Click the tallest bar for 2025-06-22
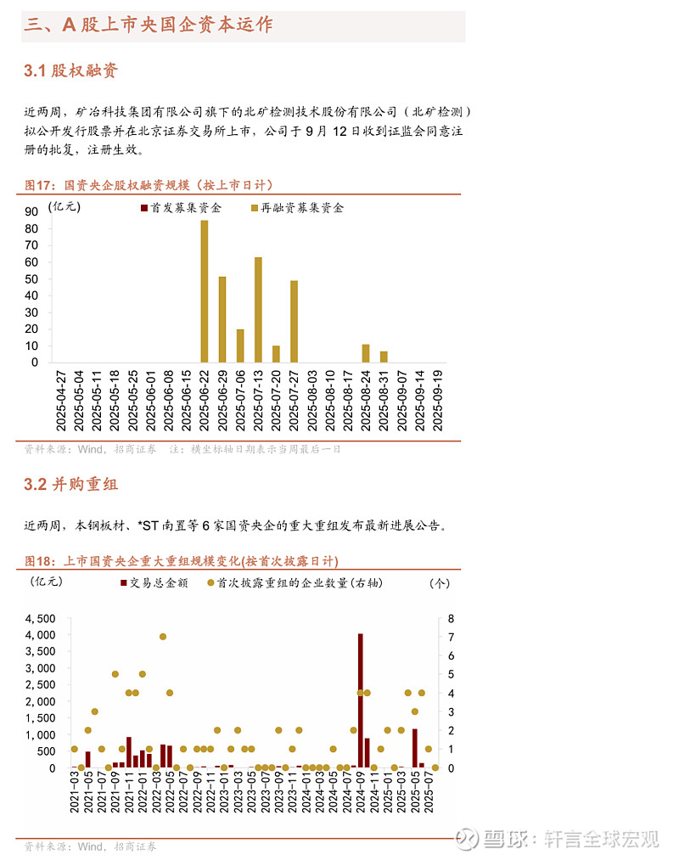205,291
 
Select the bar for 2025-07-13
258,310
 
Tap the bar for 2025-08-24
366,353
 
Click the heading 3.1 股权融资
71,70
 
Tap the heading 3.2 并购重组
71,485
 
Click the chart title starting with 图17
149,185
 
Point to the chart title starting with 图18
181,561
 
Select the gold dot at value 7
162,636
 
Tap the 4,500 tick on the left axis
41,618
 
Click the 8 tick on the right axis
451,618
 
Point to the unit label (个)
441,582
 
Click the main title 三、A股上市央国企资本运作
149,25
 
